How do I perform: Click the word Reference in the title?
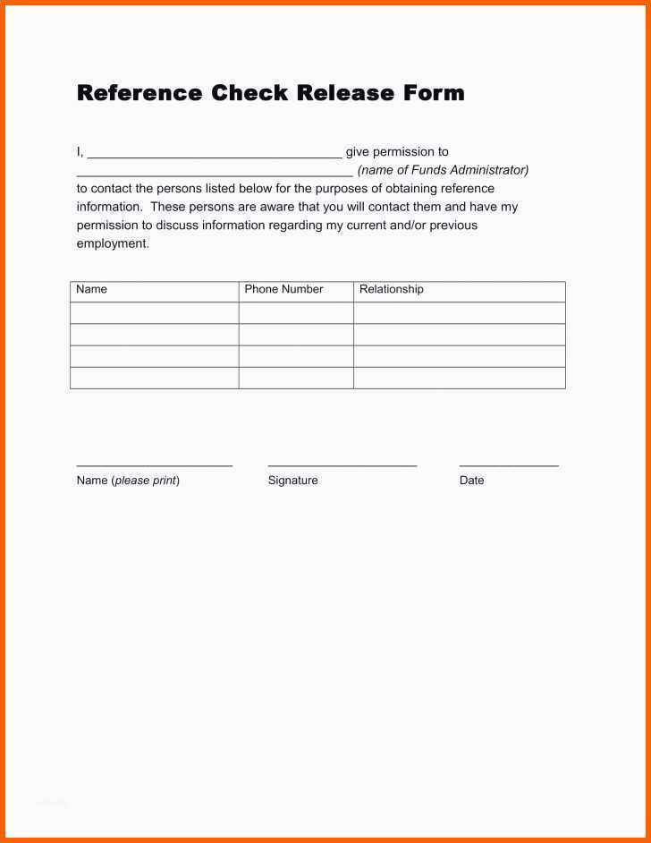139,93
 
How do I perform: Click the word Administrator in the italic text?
488,170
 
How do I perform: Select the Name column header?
91,290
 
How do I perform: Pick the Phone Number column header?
283,290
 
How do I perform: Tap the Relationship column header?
392,290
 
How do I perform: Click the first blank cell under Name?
154,313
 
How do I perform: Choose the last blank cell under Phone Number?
296,378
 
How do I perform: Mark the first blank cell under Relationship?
459,313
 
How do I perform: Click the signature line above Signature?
342,465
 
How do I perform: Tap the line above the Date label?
509,465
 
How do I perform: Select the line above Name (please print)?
154,465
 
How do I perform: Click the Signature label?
292,481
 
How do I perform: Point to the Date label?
471,481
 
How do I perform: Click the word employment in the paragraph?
112,243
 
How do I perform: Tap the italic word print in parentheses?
163,481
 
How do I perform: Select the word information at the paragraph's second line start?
109,207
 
